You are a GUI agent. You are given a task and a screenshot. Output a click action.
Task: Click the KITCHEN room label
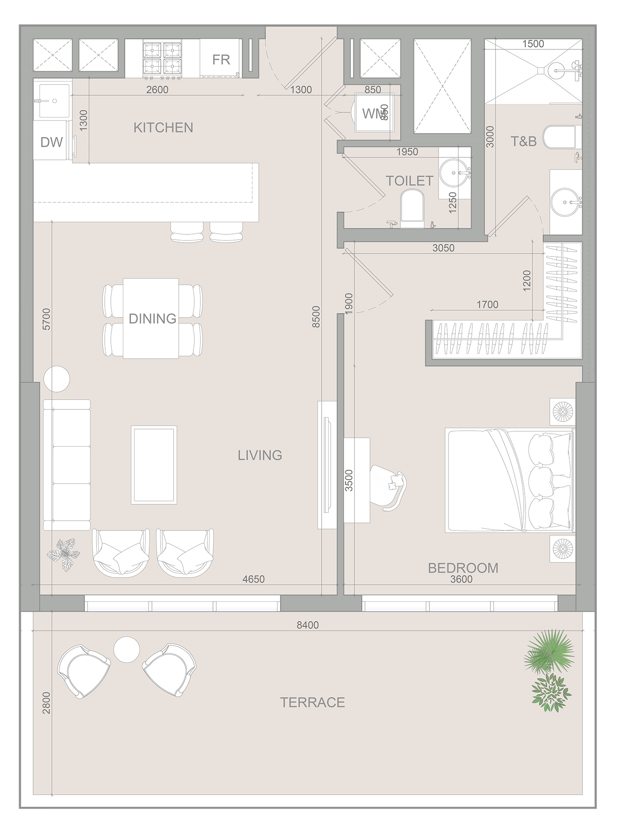pos(163,128)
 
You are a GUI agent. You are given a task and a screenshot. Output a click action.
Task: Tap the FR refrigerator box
pos(221,59)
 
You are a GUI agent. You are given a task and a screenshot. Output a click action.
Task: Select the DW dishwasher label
pos(51,142)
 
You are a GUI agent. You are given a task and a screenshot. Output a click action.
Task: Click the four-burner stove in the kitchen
pos(162,59)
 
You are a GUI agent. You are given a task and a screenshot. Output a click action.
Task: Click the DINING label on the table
pos(152,319)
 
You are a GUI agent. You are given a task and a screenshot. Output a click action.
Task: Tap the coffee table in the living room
pos(154,465)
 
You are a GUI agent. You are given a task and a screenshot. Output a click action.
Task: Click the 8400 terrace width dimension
pos(307,625)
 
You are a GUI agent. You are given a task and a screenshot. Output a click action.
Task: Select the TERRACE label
pos(312,702)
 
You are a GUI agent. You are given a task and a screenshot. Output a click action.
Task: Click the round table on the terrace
pos(126,649)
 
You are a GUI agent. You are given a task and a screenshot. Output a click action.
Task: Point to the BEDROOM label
pos(463,568)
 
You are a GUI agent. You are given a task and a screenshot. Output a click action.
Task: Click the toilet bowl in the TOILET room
pos(412,208)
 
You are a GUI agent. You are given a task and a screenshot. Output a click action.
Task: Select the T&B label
pos(523,141)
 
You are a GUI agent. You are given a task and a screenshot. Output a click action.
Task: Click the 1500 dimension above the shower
pos(533,44)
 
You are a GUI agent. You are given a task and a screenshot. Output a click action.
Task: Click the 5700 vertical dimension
pos(46,319)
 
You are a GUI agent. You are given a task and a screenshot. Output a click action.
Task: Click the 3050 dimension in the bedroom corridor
pos(443,248)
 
